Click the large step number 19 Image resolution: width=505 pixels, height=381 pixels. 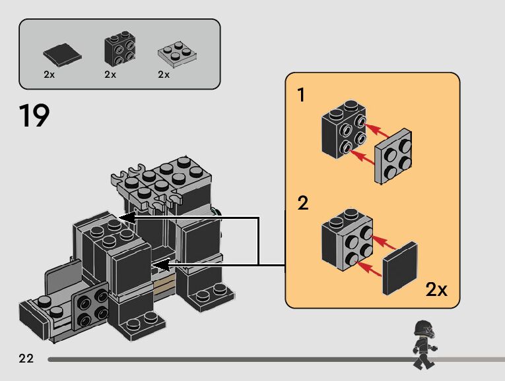coord(34,116)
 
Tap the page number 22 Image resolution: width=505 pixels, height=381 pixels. coord(26,359)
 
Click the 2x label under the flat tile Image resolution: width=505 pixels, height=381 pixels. coord(49,74)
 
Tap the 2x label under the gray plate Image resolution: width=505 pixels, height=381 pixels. coord(164,74)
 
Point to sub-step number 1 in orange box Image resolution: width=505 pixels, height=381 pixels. coord(302,96)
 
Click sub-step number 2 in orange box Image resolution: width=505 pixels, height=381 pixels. coord(303,202)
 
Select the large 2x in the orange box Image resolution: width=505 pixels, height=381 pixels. coord(436,289)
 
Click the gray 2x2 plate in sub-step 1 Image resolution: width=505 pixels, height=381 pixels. coord(393,157)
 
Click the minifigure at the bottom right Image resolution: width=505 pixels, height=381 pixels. coord(422,343)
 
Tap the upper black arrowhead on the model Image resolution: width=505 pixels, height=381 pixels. coord(125,218)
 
